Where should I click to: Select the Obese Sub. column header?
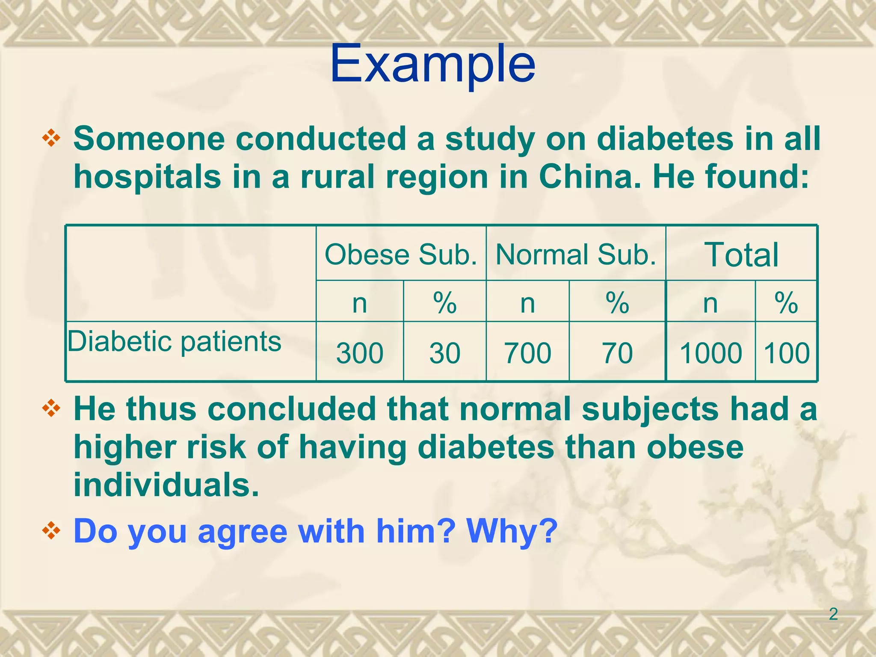[x=401, y=255]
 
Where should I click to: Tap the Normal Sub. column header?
[x=576, y=255]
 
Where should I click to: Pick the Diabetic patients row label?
[x=175, y=342]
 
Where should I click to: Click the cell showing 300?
[x=359, y=353]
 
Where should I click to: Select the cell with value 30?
[x=445, y=353]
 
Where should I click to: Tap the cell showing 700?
[x=527, y=353]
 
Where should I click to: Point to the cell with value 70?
[x=617, y=353]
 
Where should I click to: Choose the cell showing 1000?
[x=710, y=353]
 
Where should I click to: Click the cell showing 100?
[x=787, y=353]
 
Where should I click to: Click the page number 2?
[x=833, y=614]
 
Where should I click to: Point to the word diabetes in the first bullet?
[x=665, y=139]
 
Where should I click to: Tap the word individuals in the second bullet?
[x=166, y=485]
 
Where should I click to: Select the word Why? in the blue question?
[x=512, y=531]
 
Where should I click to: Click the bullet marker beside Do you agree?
[x=51, y=531]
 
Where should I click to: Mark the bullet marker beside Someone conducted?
[x=51, y=139]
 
